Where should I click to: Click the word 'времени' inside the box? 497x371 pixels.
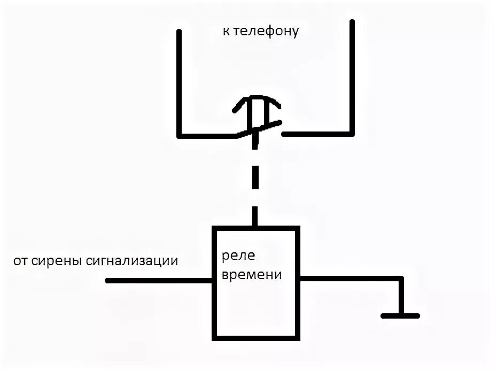[251, 275]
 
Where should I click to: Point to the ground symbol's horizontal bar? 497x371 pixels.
[400, 315]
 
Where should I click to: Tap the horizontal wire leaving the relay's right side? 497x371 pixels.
[350, 278]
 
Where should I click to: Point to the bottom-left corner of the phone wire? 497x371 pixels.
[180, 134]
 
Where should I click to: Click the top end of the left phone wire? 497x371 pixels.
[180, 32]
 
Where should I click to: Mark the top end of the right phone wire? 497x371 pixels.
[352, 22]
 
